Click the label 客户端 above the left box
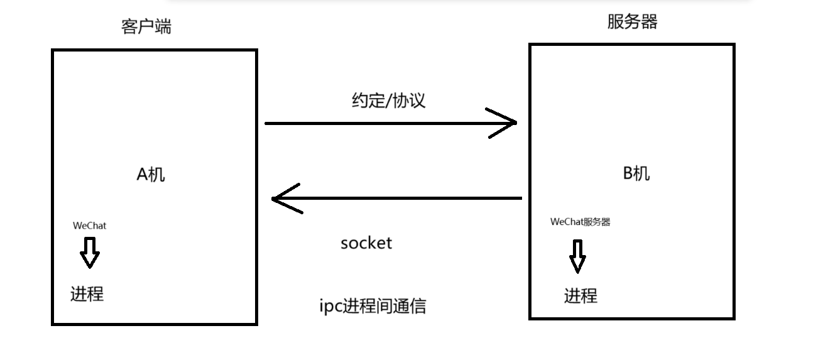click(146, 26)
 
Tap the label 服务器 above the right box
click(632, 22)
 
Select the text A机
click(151, 174)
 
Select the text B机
click(636, 173)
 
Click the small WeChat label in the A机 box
click(90, 226)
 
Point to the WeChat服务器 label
click(580, 222)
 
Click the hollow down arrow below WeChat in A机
click(90, 253)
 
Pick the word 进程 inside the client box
click(87, 293)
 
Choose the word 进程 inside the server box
click(580, 295)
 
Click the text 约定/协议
click(388, 101)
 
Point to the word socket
click(366, 243)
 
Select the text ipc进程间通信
click(373, 306)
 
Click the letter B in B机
click(628, 173)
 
